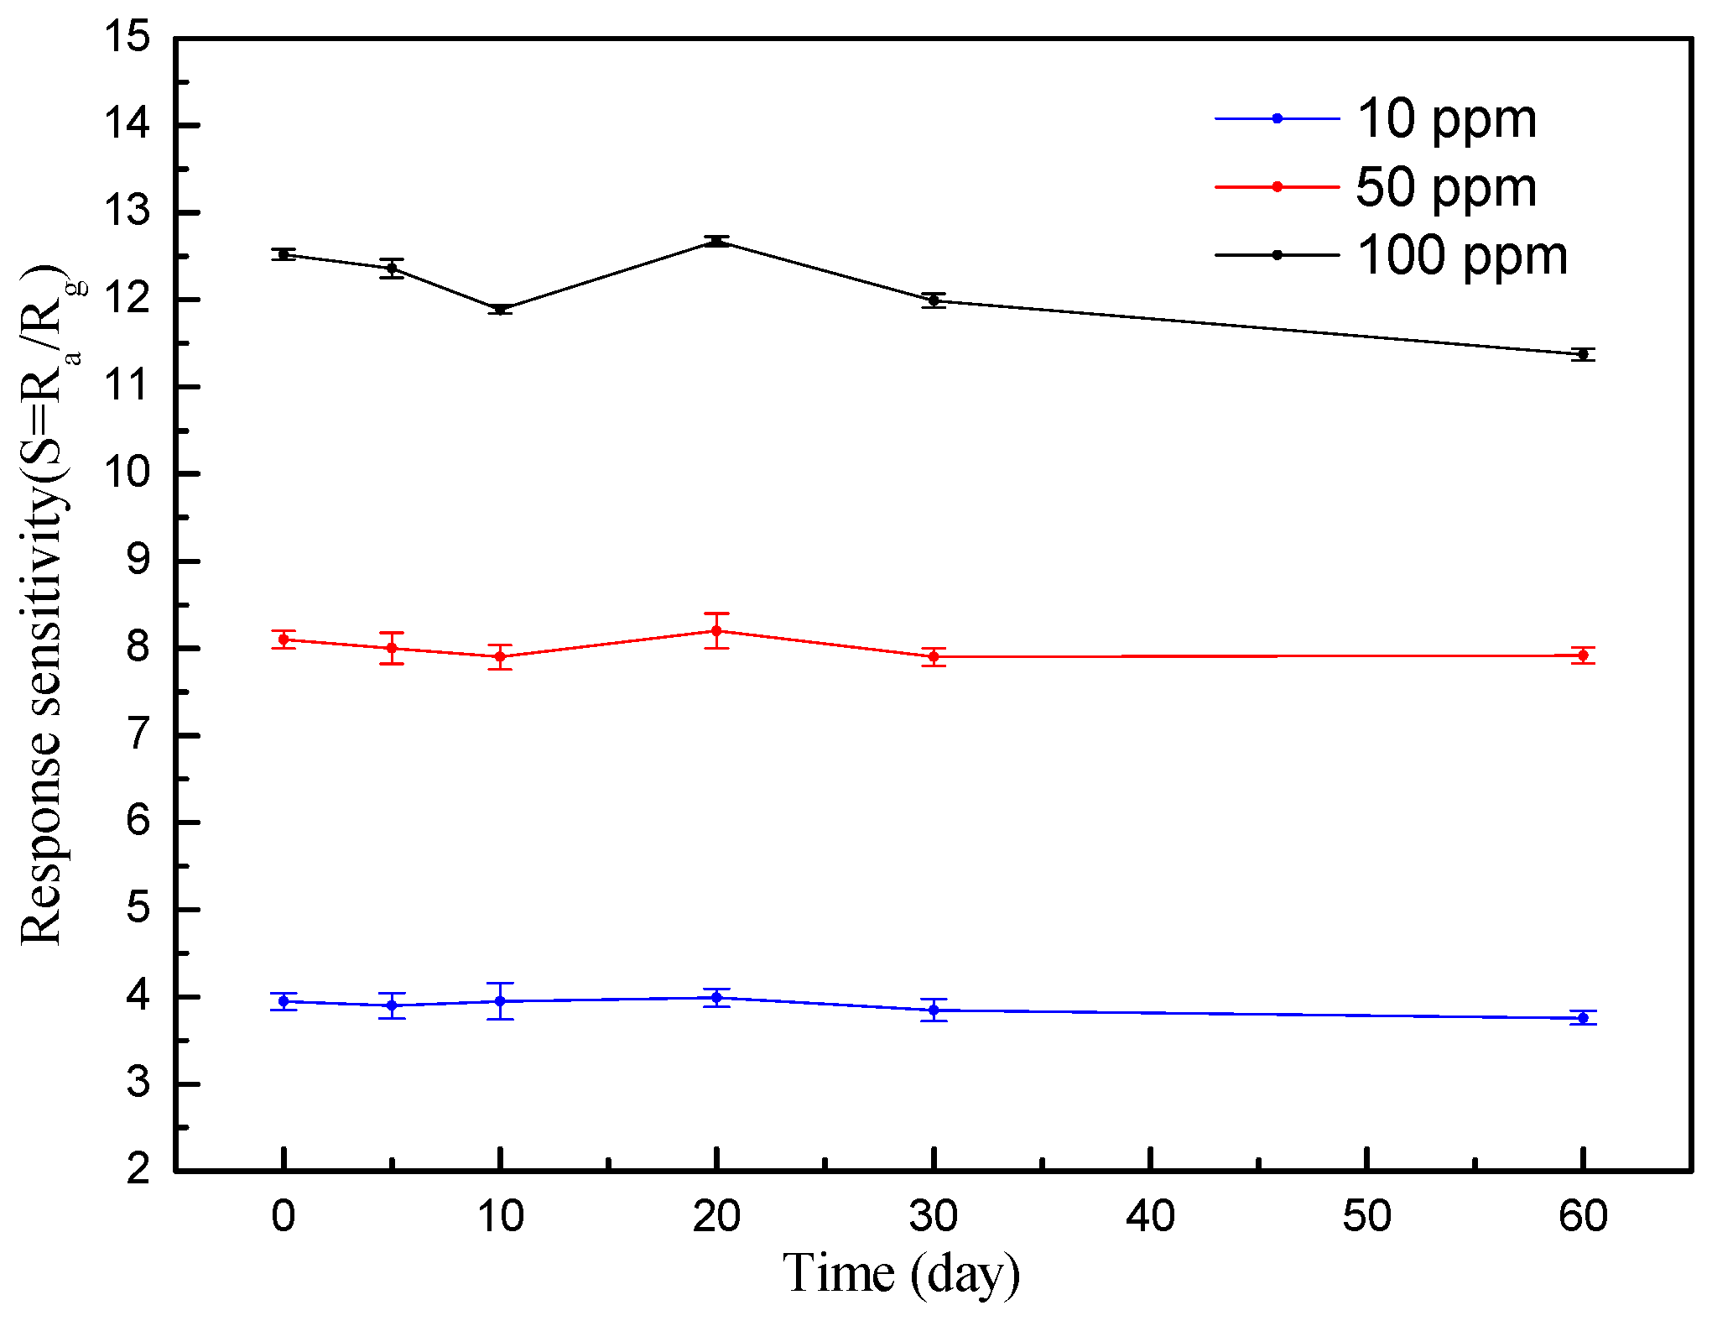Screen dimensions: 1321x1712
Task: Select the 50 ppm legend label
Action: point(1446,186)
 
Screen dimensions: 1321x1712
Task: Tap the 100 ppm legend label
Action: point(1461,255)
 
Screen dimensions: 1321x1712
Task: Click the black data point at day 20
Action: point(716,242)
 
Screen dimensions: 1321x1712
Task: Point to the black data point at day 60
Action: point(1583,354)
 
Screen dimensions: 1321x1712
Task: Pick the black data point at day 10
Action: point(500,310)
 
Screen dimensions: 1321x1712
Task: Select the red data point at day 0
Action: point(284,640)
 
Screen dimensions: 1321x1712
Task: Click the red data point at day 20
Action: point(716,630)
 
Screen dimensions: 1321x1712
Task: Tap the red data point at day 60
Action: point(1583,655)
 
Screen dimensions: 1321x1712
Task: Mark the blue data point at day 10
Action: point(500,1001)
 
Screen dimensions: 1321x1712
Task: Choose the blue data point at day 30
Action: point(934,1010)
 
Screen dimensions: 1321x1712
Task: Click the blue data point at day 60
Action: point(1583,1018)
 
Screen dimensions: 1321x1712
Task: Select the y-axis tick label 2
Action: point(138,1168)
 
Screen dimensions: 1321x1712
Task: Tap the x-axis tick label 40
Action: point(1150,1216)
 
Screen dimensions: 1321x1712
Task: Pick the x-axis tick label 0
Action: point(284,1216)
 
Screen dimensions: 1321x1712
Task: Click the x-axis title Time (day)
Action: point(901,1274)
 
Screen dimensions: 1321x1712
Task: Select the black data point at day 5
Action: point(392,269)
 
